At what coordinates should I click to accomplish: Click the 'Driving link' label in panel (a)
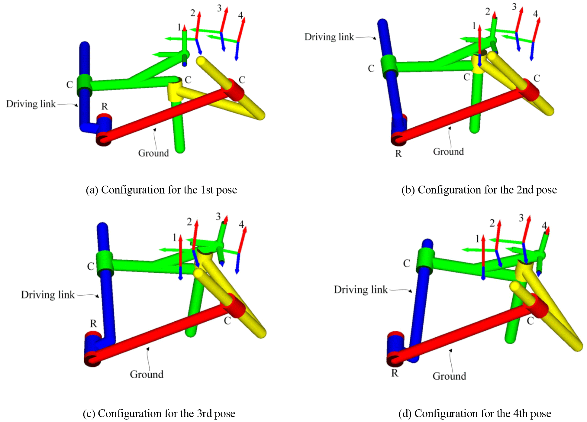[x=31, y=104]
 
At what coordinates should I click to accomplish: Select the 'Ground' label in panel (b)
[x=448, y=151]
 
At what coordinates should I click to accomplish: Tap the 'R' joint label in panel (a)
[x=105, y=106]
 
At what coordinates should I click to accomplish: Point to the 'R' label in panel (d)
[x=395, y=373]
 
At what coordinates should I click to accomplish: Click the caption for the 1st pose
[x=161, y=190]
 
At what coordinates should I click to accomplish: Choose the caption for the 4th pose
[x=475, y=413]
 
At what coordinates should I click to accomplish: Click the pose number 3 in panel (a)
[x=219, y=8]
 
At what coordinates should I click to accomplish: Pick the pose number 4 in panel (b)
[x=535, y=14]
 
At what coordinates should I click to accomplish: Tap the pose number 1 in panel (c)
[x=174, y=238]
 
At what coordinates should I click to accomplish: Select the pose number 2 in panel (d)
[x=492, y=223]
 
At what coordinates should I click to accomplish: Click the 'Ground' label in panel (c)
[x=147, y=374]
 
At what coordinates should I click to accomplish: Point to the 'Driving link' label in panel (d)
[x=360, y=290]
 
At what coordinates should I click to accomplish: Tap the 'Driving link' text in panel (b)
[x=329, y=37]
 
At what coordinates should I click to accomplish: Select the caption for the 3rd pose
[x=159, y=413]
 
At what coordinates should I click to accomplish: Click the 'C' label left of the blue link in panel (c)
[x=91, y=266]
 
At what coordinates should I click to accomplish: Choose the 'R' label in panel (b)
[x=398, y=154]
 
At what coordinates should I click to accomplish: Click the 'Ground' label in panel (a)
[x=153, y=153]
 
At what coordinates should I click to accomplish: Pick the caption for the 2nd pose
[x=479, y=190]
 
